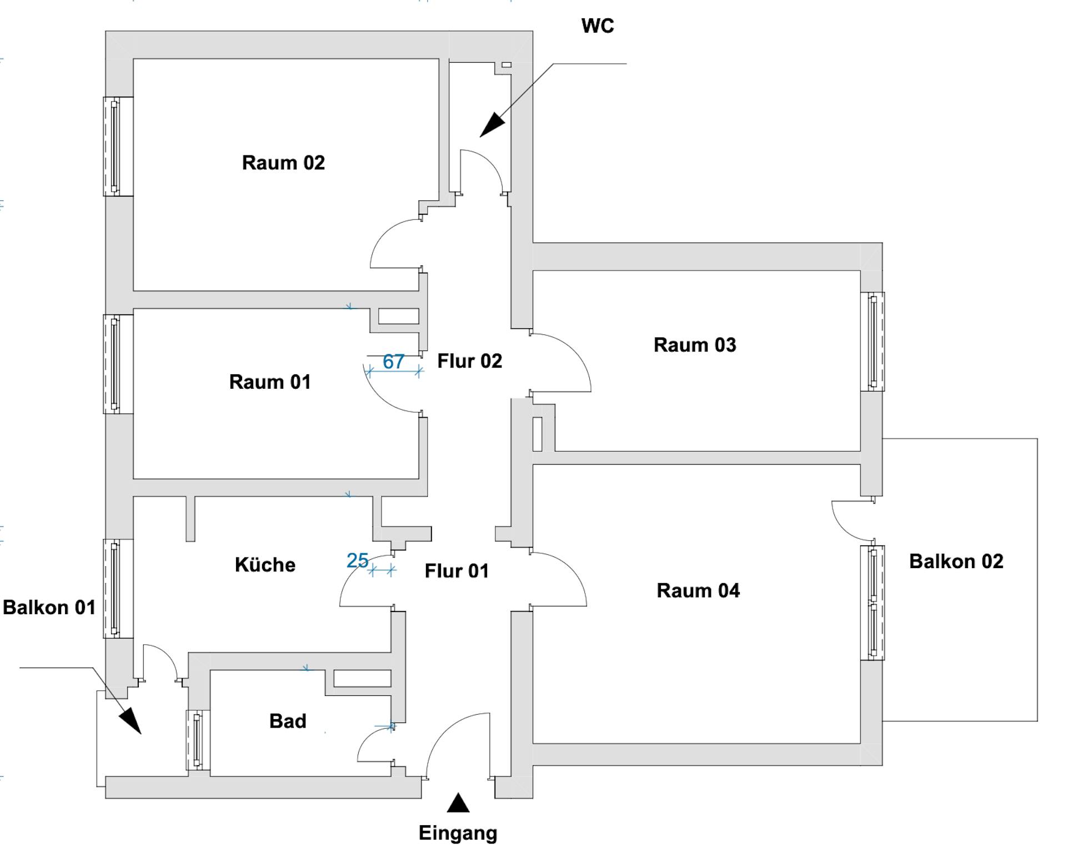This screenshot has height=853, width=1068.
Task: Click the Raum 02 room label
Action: (283, 163)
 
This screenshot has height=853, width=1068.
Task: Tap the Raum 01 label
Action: (270, 382)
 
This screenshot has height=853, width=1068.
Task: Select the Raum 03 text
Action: (695, 345)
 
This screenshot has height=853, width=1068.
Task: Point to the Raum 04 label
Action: (698, 590)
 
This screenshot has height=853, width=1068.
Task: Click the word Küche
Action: (265, 565)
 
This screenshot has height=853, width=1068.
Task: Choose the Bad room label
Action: (288, 721)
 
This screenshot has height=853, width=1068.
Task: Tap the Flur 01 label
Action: (457, 571)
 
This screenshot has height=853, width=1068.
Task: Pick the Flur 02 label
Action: (470, 361)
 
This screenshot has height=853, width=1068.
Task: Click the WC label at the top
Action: (598, 26)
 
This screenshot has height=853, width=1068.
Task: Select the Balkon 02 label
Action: (956, 561)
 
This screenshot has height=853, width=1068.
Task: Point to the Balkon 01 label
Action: (49, 608)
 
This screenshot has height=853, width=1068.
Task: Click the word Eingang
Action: (458, 833)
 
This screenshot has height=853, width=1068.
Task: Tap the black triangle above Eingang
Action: (458, 803)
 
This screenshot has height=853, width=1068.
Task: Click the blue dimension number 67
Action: (393, 362)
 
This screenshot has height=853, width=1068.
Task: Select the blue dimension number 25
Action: (357, 561)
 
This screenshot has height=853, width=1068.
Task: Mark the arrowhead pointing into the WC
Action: (492, 126)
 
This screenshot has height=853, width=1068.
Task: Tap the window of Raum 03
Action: (873, 342)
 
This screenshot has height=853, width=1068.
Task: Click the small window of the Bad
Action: (198, 740)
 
